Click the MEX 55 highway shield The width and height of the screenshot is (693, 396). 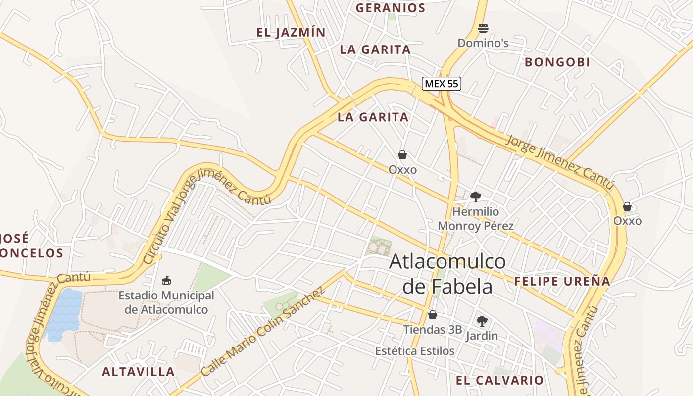point(442,84)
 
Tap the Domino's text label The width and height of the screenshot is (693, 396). point(483,43)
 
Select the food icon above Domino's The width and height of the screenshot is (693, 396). point(483,28)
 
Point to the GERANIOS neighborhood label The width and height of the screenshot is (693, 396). point(391,8)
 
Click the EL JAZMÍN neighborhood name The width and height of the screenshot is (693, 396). point(291,33)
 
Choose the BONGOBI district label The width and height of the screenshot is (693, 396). point(557,62)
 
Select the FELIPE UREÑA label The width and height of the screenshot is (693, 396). point(562,282)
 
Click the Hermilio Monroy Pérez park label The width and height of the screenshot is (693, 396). point(476,219)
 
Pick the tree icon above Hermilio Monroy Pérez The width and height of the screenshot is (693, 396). point(476,197)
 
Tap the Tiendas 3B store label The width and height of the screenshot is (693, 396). point(432,330)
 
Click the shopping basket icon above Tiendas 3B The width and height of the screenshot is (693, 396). point(433,315)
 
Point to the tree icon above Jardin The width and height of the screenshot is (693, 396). point(482,321)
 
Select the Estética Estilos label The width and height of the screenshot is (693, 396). point(415,351)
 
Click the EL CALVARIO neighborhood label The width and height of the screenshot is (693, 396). point(499,380)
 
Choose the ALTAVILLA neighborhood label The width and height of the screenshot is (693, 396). point(139,372)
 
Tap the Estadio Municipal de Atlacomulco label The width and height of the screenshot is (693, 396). point(166,302)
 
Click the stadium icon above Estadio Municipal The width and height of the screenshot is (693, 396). point(166,281)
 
